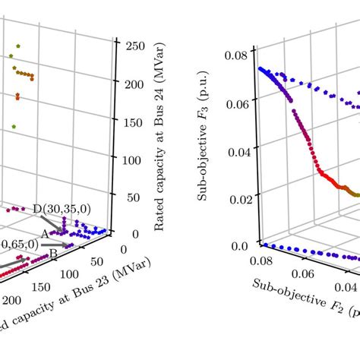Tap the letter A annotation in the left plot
click(x=45, y=234)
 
